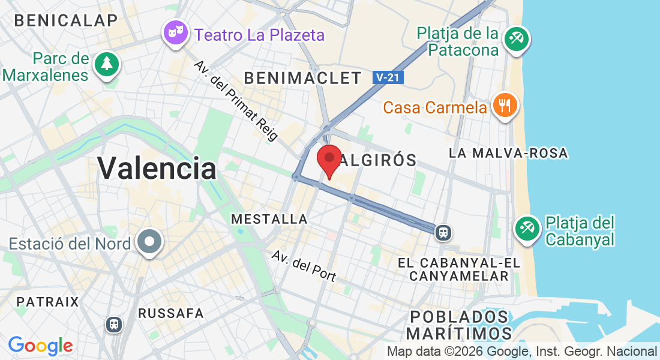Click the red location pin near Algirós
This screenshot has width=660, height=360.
[x=329, y=159]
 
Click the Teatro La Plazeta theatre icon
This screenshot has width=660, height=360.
[x=176, y=32]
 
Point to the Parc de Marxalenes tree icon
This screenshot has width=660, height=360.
[x=107, y=62]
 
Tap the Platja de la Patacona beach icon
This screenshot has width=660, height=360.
[x=515, y=40]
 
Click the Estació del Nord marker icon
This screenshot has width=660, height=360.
[x=149, y=242]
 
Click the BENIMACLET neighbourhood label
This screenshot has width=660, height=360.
[x=303, y=78]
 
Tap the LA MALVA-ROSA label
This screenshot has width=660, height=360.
[x=508, y=154]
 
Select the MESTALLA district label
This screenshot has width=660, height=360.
[x=269, y=220]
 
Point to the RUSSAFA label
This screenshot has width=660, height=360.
[x=171, y=313]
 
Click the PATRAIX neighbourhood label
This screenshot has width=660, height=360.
[x=48, y=301]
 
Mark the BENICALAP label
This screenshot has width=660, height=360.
[x=66, y=20]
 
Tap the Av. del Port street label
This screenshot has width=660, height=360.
[x=304, y=265]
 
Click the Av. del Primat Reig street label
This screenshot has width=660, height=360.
[x=236, y=100]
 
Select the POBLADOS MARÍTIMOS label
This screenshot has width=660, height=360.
[x=459, y=325]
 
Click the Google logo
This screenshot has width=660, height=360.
[x=40, y=346]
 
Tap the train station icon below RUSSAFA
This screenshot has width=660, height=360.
[x=113, y=325]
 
